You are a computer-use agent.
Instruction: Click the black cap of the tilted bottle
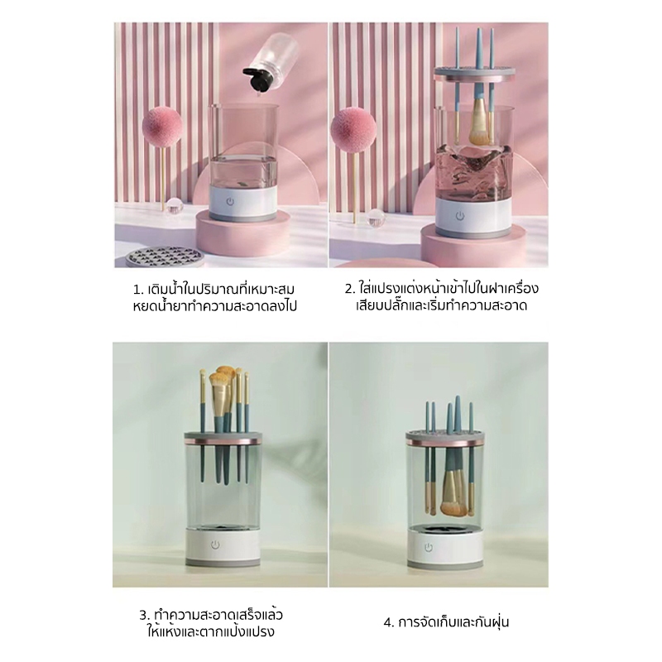pyautogui.click(x=257, y=79)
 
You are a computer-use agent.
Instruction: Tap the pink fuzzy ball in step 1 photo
pyautogui.click(x=162, y=127)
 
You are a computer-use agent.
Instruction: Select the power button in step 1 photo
pyautogui.click(x=230, y=202)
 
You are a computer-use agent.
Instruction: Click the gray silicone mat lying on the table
pyautogui.click(x=165, y=257)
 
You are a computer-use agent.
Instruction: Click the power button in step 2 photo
pyautogui.click(x=460, y=216)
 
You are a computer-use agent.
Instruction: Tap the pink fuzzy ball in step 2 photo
pyautogui.click(x=353, y=130)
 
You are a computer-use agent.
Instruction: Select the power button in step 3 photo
pyautogui.click(x=215, y=544)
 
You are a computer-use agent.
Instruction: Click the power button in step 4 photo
pyautogui.click(x=429, y=548)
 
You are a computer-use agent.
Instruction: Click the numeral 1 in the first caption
pyautogui.click(x=137, y=290)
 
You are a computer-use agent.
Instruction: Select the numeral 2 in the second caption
pyautogui.click(x=348, y=289)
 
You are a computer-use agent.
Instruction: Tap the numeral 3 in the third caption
pyautogui.click(x=143, y=616)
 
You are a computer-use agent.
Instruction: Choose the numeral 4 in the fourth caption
pyautogui.click(x=388, y=623)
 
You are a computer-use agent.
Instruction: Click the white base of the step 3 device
pyautogui.click(x=223, y=546)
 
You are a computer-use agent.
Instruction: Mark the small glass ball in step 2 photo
pyautogui.click(x=376, y=218)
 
